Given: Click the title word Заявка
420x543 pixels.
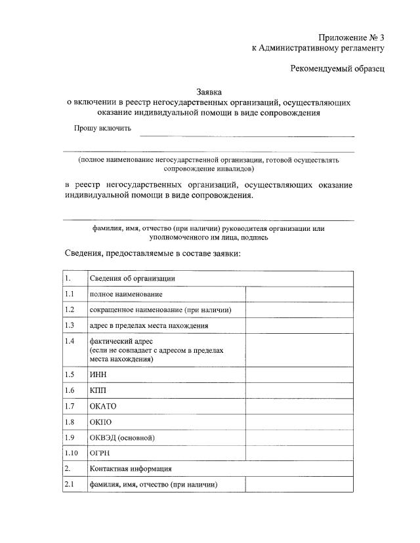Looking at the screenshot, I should [x=210, y=92].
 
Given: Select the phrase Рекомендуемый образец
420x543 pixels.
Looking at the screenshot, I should [x=338, y=68].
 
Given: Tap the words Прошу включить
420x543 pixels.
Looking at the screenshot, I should [x=102, y=128].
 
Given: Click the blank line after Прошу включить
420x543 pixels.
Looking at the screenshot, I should [x=247, y=134].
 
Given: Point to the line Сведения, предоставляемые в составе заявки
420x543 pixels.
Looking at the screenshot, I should [x=154, y=252].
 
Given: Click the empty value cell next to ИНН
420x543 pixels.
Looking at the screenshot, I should [x=299, y=374].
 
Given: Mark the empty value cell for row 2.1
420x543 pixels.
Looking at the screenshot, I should [x=299, y=485].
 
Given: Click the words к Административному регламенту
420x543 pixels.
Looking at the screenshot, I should [x=318, y=48].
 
